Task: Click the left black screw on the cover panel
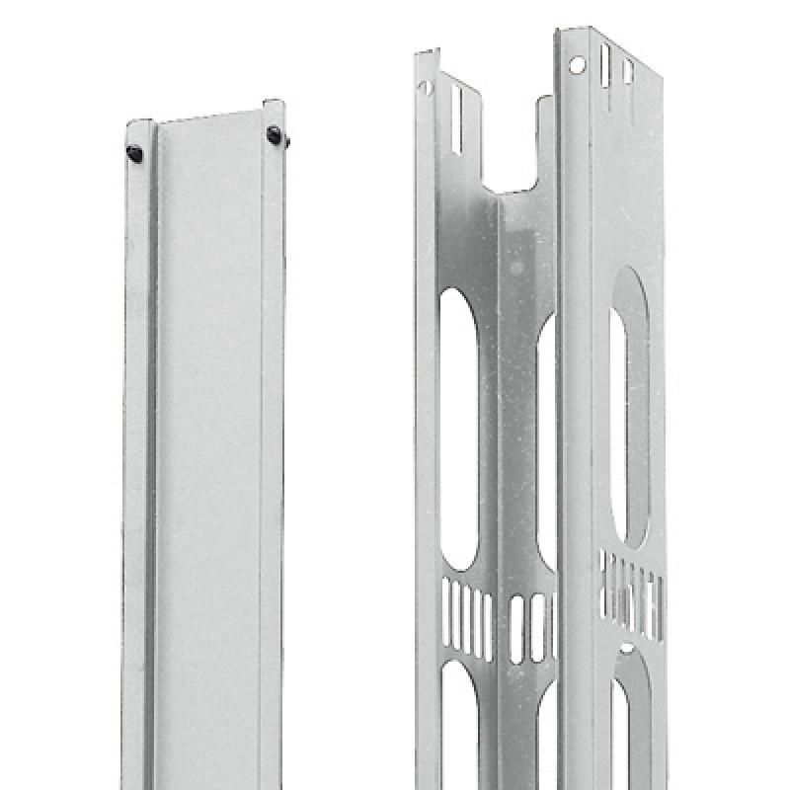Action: [134, 152]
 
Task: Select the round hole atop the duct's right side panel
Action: [577, 64]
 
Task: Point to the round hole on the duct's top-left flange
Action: [427, 87]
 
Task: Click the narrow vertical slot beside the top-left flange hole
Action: [455, 119]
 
